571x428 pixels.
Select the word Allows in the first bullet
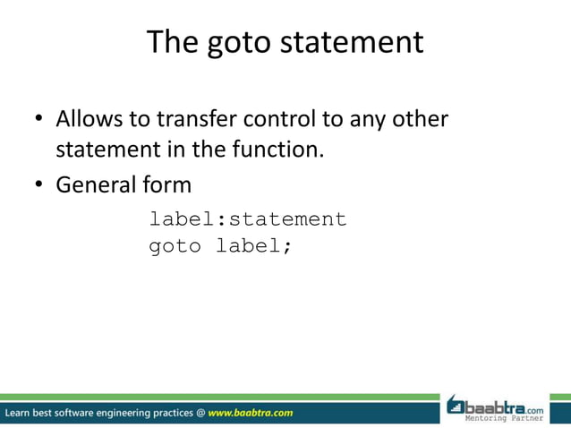(x=89, y=119)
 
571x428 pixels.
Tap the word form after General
(x=166, y=185)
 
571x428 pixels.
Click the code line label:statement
(x=247, y=219)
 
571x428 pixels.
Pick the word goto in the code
(x=175, y=246)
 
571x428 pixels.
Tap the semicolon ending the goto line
(x=287, y=248)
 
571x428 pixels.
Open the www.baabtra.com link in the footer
(x=251, y=413)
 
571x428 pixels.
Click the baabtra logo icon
(x=457, y=406)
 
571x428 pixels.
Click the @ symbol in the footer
(x=200, y=413)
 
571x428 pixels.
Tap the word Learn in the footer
(x=20, y=413)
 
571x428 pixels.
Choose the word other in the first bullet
(x=420, y=119)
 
